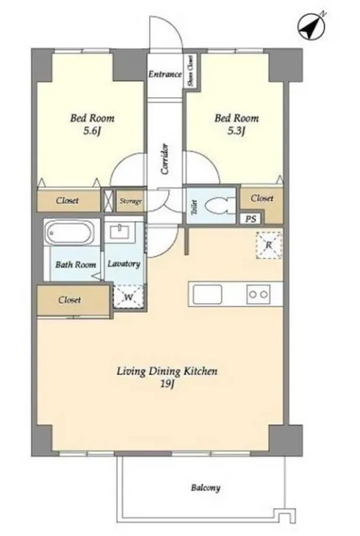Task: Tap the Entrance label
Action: point(165,74)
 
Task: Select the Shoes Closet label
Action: point(190,71)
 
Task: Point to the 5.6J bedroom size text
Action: point(92,131)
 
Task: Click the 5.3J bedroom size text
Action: point(236,131)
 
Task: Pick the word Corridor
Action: point(165,159)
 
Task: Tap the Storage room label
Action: point(130,201)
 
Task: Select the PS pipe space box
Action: point(250,219)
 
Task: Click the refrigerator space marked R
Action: point(269,245)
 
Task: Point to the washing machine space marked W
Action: point(128,297)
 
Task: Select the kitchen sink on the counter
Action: point(207,294)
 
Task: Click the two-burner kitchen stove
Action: point(259,294)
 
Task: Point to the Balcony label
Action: point(205,488)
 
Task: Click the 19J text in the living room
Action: point(167,384)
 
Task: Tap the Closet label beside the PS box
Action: point(262,198)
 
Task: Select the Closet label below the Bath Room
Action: point(70,300)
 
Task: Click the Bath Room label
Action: point(76,265)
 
